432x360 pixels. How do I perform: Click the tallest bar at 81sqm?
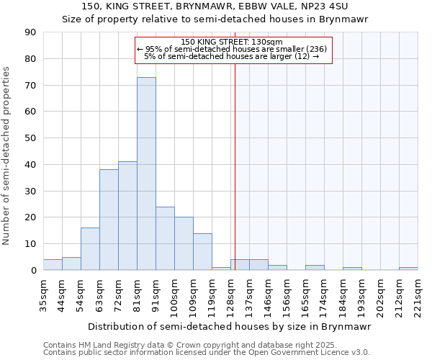pyautogui.click(x=146, y=174)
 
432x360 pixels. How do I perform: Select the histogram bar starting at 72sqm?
pyautogui.click(x=127, y=216)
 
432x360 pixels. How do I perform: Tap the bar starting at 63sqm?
pyautogui.click(x=109, y=220)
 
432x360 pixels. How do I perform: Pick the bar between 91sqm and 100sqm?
pyautogui.click(x=165, y=238)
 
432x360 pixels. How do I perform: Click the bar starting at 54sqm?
pyautogui.click(x=90, y=249)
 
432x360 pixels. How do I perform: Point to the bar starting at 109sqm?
pyautogui.click(x=202, y=251)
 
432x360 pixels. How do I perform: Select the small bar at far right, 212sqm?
pyautogui.click(x=408, y=269)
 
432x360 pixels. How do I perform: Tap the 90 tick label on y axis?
pyautogui.click(x=30, y=32)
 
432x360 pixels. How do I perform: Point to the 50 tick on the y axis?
pyautogui.click(x=30, y=138)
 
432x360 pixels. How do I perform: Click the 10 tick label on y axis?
pyautogui.click(x=30, y=244)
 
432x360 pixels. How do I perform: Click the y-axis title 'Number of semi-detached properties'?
pyautogui.click(x=7, y=156)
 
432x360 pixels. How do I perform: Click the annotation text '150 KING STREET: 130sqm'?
pyautogui.click(x=232, y=42)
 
